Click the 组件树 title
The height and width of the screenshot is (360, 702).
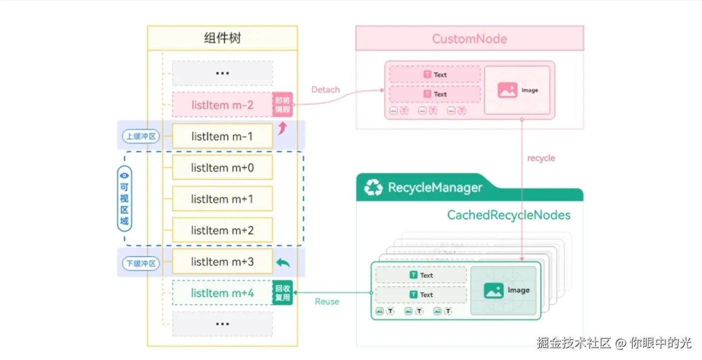[222, 38]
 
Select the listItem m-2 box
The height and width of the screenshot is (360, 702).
[222, 105]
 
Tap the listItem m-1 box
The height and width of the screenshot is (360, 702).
[222, 136]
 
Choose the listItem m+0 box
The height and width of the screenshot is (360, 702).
[222, 168]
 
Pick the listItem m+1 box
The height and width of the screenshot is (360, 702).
[222, 199]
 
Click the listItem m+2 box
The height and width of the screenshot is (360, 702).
[222, 230]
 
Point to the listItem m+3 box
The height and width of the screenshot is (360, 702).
[222, 262]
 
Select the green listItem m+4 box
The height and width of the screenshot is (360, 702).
[222, 293]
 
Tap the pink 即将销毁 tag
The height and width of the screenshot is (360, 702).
[283, 104]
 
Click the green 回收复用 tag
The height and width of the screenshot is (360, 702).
[283, 293]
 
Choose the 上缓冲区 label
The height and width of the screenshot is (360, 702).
[141, 136]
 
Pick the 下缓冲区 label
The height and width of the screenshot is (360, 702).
[141, 263]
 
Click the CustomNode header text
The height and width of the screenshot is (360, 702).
[469, 39]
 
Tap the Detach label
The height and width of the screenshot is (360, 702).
[326, 90]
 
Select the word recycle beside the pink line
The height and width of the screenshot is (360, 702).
[541, 158]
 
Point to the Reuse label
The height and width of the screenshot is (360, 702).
[327, 302]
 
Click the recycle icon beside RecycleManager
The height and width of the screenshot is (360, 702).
[373, 188]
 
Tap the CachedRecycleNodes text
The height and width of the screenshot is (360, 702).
[508, 215]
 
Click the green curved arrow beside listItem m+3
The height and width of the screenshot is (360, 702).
[283, 263]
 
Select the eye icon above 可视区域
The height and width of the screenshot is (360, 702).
[124, 175]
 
